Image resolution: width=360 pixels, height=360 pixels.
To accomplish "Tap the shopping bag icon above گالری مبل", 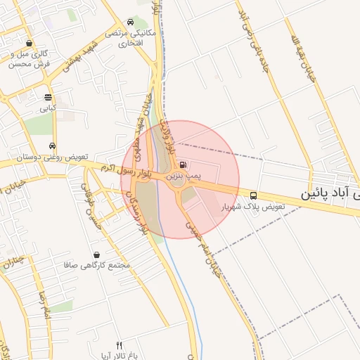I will [x=29, y=43].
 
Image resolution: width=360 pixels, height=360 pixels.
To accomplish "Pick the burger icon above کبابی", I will [x=48, y=98].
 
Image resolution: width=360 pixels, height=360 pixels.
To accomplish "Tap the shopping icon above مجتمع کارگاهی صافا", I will [x=96, y=255].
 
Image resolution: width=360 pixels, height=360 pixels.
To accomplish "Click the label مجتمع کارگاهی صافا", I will [x=98, y=266].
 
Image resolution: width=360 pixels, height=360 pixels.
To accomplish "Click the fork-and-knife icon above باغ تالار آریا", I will [x=119, y=345].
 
